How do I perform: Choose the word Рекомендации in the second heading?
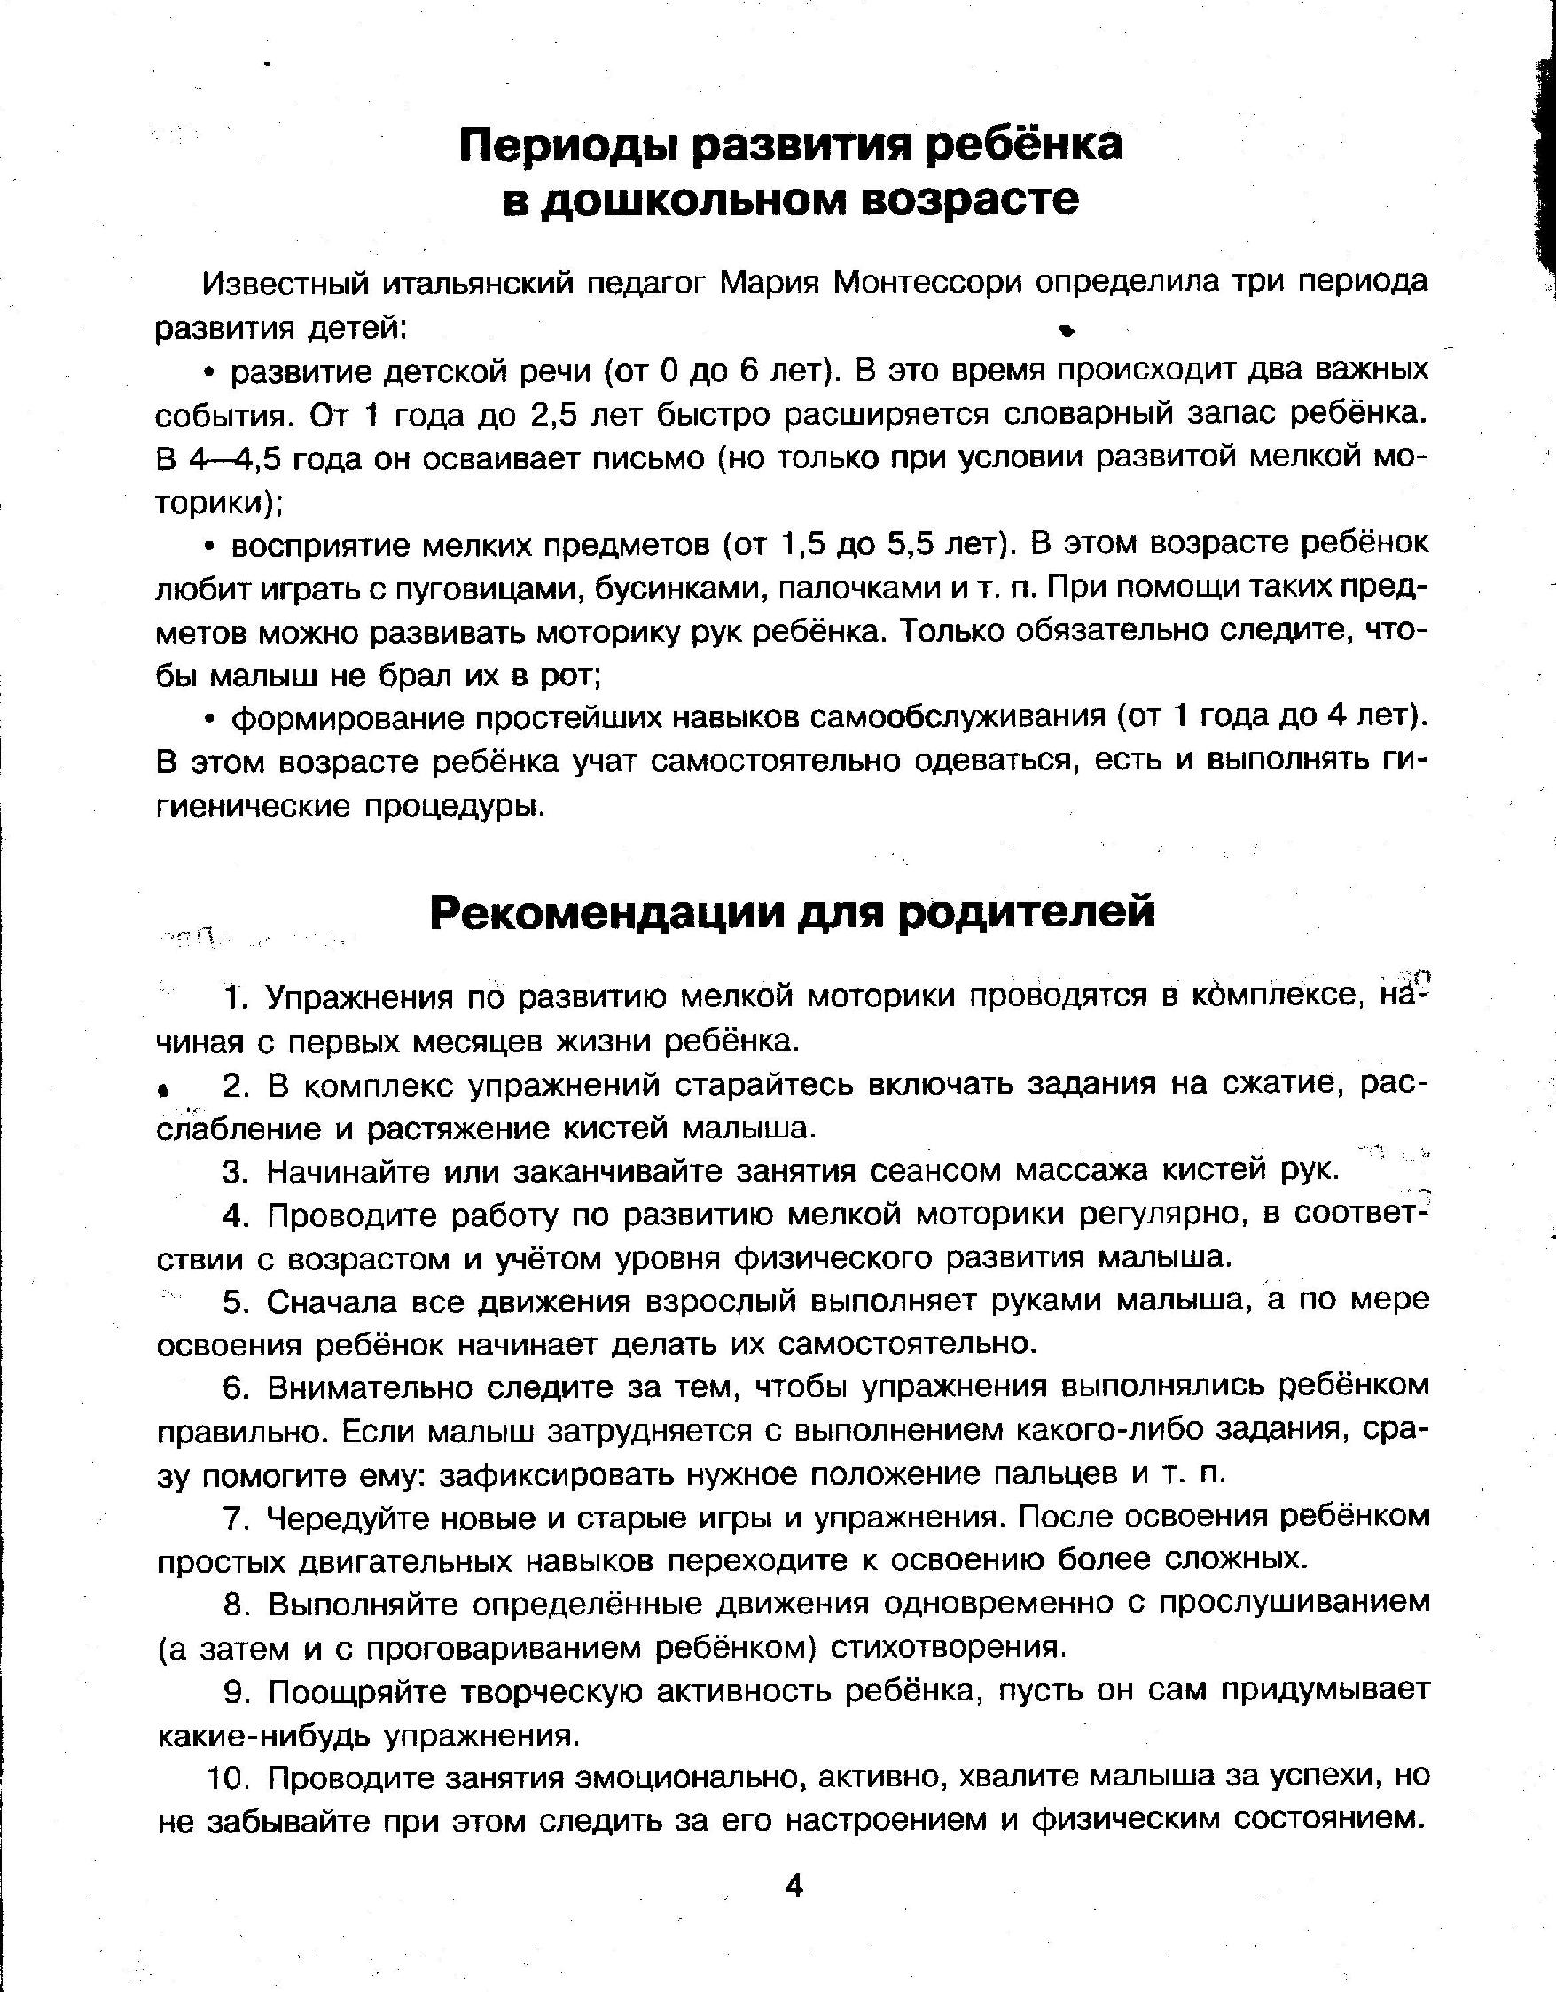[606, 913]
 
